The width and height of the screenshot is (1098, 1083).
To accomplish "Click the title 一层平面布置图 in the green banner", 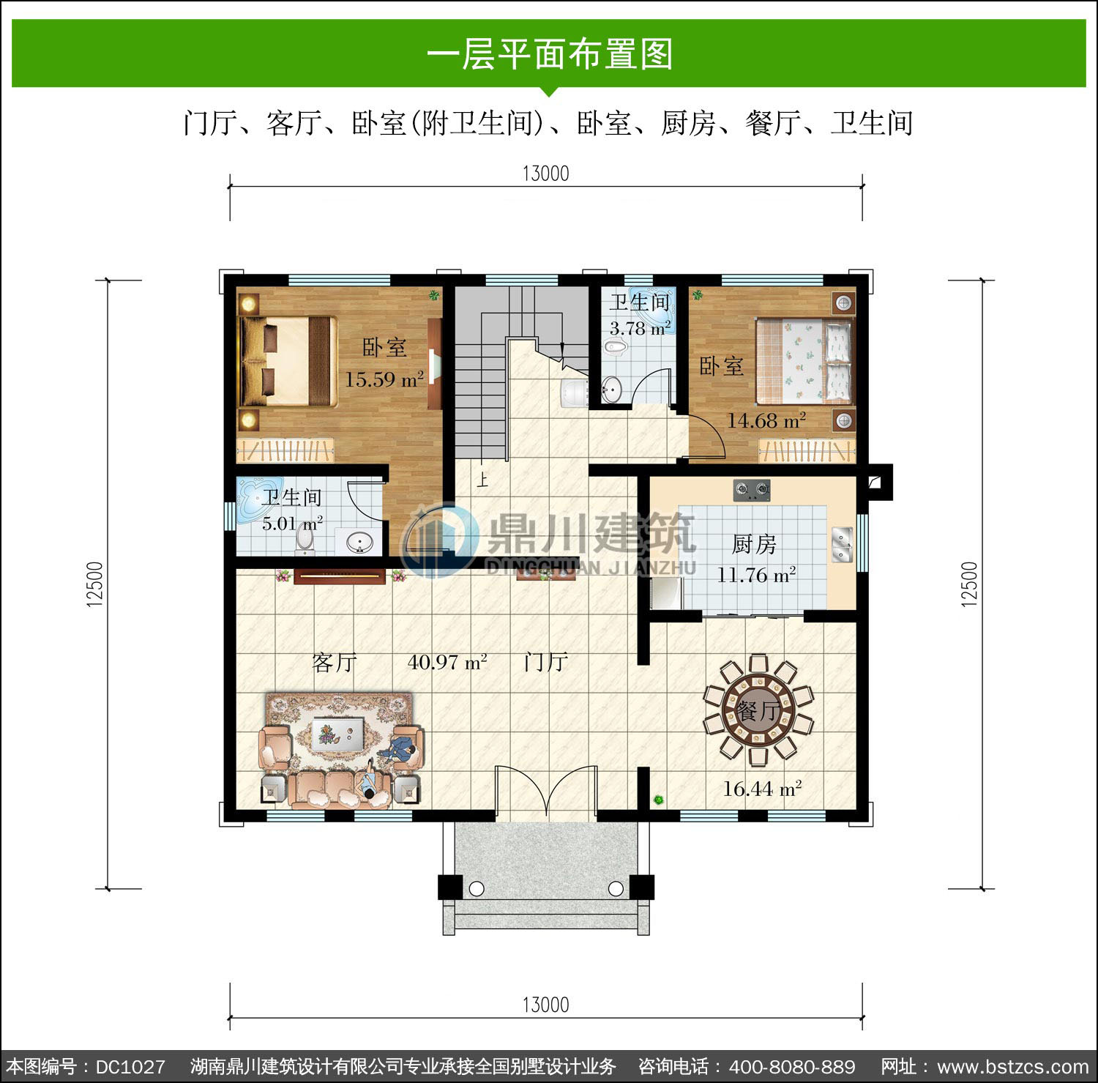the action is coord(549,55).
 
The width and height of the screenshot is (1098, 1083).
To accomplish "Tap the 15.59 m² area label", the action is coord(384,379).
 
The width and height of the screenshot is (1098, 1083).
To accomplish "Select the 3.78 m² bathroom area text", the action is coord(640,328).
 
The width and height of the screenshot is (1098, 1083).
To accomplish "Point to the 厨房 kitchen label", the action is coord(754,544).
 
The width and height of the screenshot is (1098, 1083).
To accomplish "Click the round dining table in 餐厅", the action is coord(758,707).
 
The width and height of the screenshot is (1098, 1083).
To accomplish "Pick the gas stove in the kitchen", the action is coord(752,489).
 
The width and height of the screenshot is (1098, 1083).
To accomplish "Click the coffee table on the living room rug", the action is coord(338,733).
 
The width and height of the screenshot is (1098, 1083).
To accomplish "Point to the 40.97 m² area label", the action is coord(447,662).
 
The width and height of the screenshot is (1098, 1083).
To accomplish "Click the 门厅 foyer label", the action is coord(546,662).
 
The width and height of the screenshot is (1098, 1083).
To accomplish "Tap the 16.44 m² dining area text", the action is coord(762,789).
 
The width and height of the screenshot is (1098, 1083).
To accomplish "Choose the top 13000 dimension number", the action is coord(545,174).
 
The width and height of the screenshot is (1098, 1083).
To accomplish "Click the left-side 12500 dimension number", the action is coord(94,584).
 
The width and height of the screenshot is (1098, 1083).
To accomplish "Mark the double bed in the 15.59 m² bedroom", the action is coord(288,362).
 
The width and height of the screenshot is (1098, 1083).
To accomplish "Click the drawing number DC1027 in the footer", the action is coord(130,1066).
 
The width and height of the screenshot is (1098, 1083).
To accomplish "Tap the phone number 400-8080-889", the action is coord(792,1066).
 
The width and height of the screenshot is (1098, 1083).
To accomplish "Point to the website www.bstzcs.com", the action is coord(1012,1067).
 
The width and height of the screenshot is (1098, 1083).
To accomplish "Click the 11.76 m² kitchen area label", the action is coord(756,575).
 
